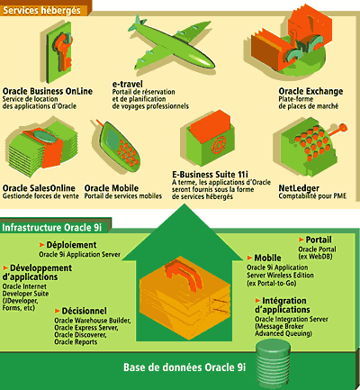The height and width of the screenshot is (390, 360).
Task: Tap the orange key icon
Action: tap(64, 51)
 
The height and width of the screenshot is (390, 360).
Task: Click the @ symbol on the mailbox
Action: tap(218, 147)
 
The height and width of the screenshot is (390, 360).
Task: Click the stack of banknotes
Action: tap(41, 147)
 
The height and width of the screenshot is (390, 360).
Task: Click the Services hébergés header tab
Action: tap(42, 11)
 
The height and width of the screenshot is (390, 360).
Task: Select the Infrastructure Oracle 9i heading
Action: tap(52, 228)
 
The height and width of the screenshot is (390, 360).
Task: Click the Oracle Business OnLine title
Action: tap(48, 91)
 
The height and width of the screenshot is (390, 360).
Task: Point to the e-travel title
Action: tap(128, 84)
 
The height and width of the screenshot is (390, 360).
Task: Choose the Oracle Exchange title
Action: tap(310, 91)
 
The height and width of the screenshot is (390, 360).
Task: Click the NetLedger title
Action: tap(299, 188)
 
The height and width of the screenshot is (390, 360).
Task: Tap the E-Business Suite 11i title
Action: tap(210, 175)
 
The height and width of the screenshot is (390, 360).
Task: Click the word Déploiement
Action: tap(71, 245)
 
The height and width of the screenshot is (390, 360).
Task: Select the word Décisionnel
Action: tap(84, 311)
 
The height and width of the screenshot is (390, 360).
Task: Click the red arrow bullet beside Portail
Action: tap(301, 240)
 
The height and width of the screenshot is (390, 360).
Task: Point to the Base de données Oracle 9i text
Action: tap(184, 367)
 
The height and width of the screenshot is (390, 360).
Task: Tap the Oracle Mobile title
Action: tap(112, 188)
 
